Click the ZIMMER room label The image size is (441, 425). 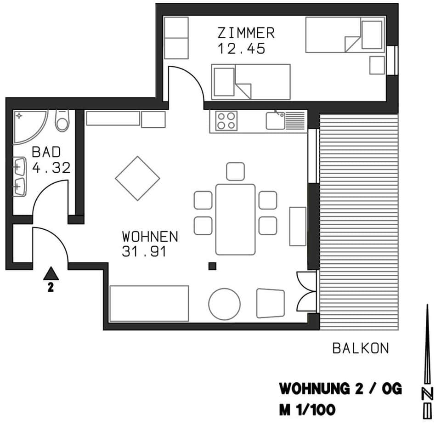pyautogui.click(x=246, y=33)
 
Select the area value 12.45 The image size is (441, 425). pyautogui.click(x=241, y=49)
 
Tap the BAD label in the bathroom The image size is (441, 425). pyautogui.click(x=46, y=153)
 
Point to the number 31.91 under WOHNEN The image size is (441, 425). pyautogui.click(x=143, y=252)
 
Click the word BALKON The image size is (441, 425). pyautogui.click(x=360, y=348)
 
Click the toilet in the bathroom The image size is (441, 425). pyautogui.click(x=62, y=121)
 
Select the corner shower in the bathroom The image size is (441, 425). pyautogui.click(x=28, y=125)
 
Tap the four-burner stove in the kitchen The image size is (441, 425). pyautogui.click(x=226, y=121)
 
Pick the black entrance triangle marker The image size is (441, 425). pyautogui.click(x=51, y=274)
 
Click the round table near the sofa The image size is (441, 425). pyautogui.click(x=225, y=303)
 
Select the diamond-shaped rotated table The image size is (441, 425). pyautogui.click(x=137, y=178)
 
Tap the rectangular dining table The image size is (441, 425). pyautogui.click(x=235, y=219)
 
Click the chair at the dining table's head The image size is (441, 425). pyautogui.click(x=235, y=171)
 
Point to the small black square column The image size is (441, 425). pyautogui.click(x=212, y=266)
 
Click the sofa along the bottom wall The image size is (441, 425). pyautogui.click(x=149, y=303)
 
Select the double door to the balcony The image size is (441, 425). pyautogui.click(x=306, y=292)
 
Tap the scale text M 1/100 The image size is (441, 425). pyautogui.click(x=307, y=409)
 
